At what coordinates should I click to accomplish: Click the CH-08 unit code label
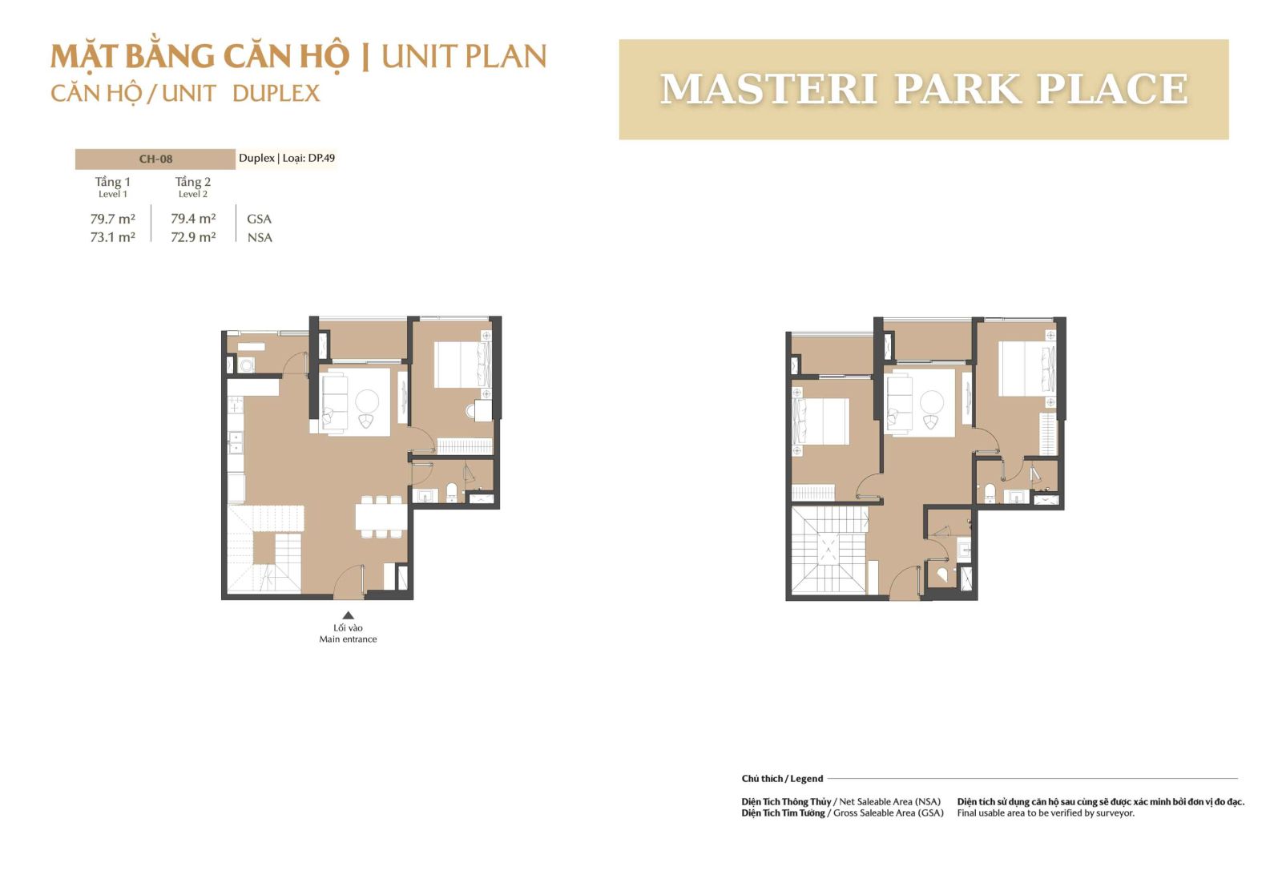tap(155, 159)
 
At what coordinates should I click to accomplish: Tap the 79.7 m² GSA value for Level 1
tap(113, 219)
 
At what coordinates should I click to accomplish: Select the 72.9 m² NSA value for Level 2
tap(193, 237)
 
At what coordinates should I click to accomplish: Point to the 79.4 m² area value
tap(193, 219)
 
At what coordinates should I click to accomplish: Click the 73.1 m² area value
tap(113, 237)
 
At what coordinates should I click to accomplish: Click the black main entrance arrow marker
tap(348, 615)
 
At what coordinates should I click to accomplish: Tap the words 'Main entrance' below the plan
tap(348, 639)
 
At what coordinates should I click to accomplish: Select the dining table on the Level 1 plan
tap(381, 517)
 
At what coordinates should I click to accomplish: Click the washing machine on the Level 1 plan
tap(247, 365)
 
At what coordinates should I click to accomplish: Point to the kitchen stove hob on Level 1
tap(236, 405)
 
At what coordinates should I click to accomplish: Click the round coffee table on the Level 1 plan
tap(367, 401)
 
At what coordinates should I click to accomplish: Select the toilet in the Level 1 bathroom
tap(452, 491)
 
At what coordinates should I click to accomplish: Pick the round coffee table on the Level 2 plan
tap(932, 401)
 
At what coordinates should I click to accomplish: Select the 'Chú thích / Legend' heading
tap(782, 778)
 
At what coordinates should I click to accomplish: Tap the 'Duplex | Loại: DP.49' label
tap(287, 158)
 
